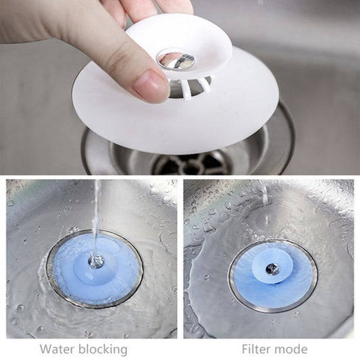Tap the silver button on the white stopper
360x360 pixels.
(176, 61)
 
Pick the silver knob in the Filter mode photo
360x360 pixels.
(272, 269)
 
